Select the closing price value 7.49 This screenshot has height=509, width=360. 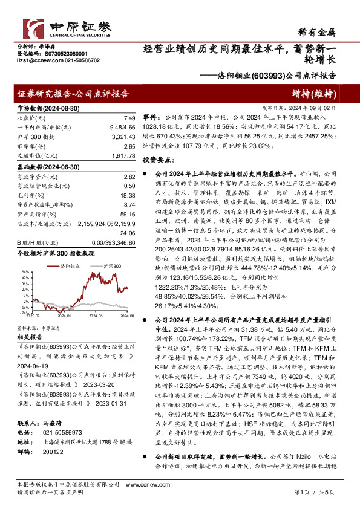tap(128, 119)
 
